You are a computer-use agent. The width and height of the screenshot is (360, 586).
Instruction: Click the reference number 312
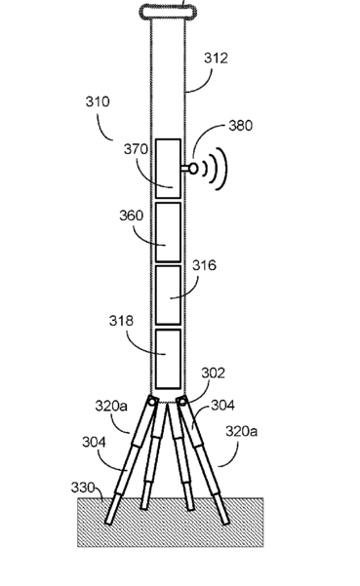(216, 59)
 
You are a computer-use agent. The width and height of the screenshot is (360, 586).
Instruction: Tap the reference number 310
(98, 101)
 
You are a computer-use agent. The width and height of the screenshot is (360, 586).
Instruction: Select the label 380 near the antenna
(240, 126)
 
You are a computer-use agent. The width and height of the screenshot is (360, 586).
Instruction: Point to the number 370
(136, 149)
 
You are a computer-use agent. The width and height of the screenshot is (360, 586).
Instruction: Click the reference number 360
(131, 215)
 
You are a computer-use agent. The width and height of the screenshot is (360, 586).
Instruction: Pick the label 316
(204, 265)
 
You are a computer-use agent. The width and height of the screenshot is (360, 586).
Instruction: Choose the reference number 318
(121, 321)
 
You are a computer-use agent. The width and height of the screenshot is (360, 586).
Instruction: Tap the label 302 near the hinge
(213, 373)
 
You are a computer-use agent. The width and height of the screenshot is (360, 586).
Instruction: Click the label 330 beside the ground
(83, 488)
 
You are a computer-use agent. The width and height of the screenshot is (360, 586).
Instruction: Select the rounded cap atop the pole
(168, 12)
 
